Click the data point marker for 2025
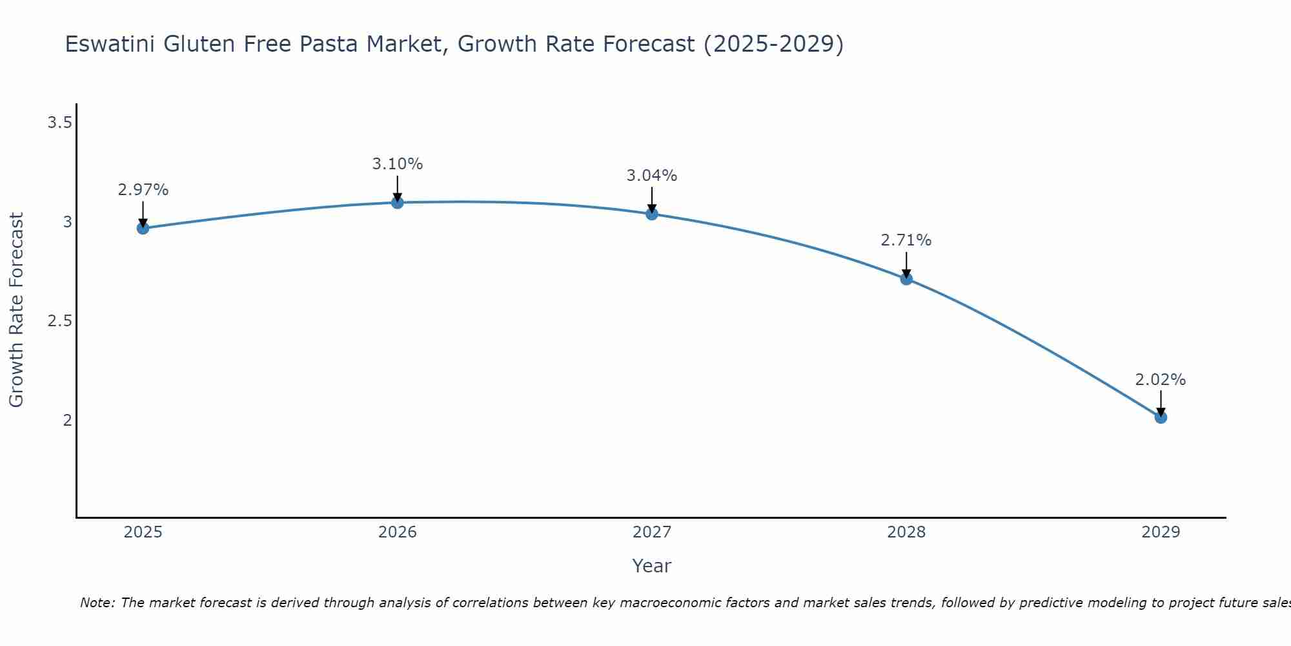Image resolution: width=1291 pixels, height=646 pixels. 143,228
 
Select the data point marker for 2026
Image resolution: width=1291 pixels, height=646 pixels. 397,202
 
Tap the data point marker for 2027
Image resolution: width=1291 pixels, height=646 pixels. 651,214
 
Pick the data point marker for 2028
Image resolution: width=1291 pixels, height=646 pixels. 906,279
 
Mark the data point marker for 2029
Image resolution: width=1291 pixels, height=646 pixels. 1160,417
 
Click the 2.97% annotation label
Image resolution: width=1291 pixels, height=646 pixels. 143,190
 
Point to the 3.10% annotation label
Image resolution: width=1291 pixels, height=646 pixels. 397,164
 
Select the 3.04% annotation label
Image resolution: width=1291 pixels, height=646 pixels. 651,176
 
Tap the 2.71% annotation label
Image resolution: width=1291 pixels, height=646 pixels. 906,240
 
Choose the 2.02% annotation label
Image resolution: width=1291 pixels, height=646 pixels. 1160,380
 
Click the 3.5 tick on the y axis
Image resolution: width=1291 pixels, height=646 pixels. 59,123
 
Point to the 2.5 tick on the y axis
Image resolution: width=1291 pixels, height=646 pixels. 59,321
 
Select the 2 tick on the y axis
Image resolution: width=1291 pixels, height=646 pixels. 67,421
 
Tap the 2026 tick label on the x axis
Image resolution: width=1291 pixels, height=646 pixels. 397,532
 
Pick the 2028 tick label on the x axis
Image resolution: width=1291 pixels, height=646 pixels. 906,532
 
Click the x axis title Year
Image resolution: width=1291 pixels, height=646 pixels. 651,566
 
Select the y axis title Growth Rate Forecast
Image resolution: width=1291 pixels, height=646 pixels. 16,310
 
